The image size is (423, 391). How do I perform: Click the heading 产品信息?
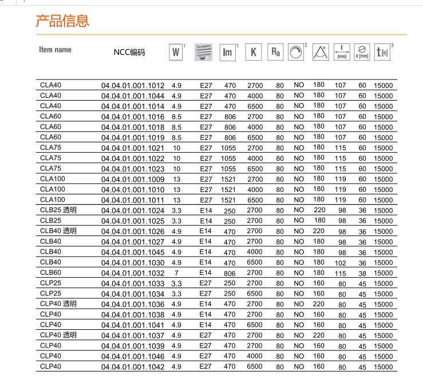click(63, 22)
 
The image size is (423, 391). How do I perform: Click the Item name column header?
click(56, 50)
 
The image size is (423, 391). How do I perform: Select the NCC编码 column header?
click(129, 53)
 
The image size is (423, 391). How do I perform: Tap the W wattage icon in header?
click(176, 53)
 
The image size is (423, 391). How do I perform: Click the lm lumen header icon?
click(228, 53)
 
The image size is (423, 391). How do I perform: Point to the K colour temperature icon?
click(253, 53)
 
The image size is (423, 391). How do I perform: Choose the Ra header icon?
click(275, 53)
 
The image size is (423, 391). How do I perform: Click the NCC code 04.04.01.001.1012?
click(133, 86)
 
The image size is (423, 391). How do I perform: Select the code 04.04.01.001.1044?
click(133, 96)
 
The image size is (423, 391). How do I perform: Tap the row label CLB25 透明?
click(58, 210)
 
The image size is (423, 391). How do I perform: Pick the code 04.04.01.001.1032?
click(133, 273)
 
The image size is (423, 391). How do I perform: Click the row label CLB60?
click(51, 273)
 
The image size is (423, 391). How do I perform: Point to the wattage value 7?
click(176, 273)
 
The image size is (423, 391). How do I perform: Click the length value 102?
click(341, 263)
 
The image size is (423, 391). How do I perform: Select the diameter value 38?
click(362, 273)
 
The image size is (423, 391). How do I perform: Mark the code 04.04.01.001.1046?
click(133, 357)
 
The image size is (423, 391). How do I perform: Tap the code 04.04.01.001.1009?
click(133, 179)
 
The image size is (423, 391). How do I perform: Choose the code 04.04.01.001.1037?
click(133, 336)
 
